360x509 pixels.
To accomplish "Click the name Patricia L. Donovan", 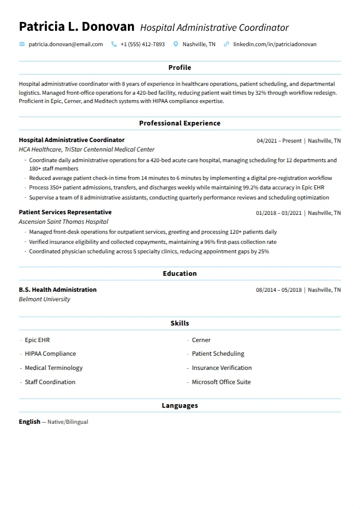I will coord(76,27).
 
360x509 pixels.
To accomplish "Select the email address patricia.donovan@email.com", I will coord(65,44).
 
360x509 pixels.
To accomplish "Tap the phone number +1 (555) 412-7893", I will coord(142,44).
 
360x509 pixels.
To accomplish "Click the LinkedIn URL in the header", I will coord(275,44).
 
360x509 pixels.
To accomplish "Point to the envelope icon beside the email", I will coord(22,44).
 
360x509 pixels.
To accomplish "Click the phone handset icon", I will coord(114,44).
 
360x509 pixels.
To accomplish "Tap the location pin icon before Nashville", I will coord(176,44).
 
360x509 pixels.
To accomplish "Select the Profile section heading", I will coord(179,68).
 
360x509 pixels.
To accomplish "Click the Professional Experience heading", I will coord(179,124).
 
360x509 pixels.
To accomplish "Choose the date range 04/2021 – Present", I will coord(279,141).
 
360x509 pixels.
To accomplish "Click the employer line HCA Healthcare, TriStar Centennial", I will coord(86,150).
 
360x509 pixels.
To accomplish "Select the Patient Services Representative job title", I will coord(65,212).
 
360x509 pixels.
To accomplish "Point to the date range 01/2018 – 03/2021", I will coord(279,213).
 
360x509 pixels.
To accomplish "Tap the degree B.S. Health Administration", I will coord(57,290).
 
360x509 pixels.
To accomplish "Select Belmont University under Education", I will coord(44,299).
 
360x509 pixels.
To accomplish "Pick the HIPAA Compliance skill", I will coord(50,354).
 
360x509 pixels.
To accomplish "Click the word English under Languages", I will coord(30,422).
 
